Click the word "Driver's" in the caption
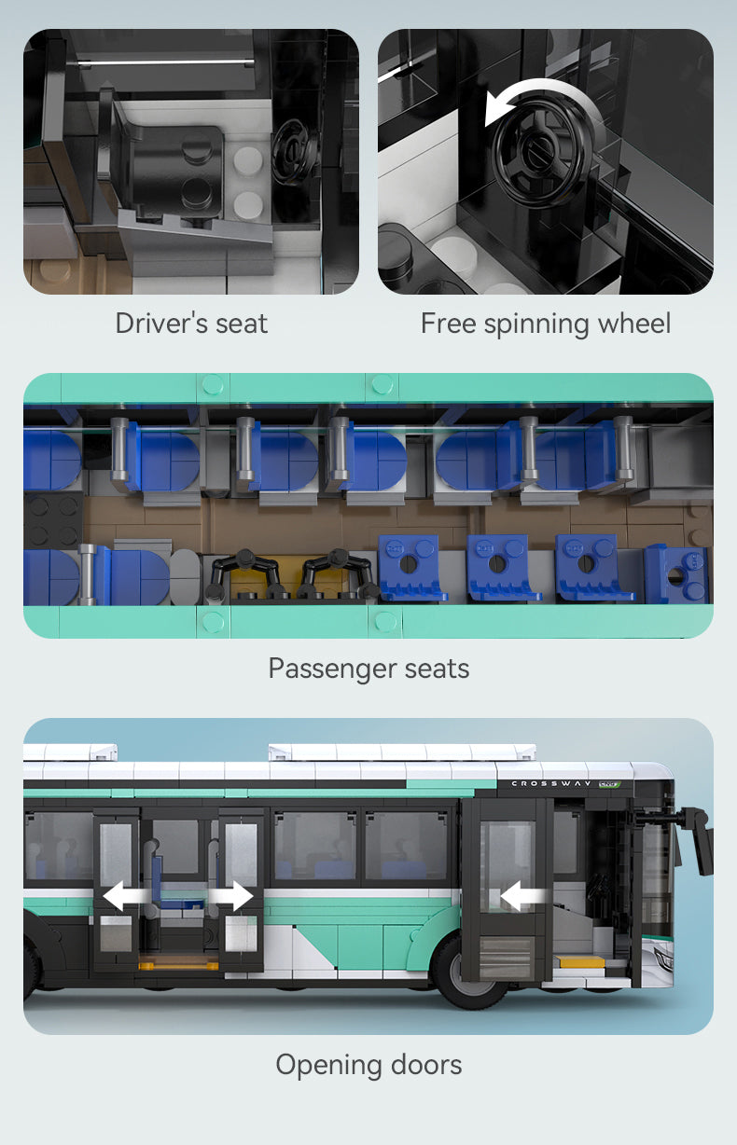tap(161, 324)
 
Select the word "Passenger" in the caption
tap(332, 669)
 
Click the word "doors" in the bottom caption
tap(426, 1066)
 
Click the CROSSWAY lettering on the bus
tap(550, 783)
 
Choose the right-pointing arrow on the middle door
tap(231, 895)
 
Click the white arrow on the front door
tap(522, 896)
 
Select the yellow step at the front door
tap(582, 962)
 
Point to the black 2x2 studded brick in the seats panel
tap(53, 520)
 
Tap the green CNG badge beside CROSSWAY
tap(609, 784)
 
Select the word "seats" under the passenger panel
tap(437, 669)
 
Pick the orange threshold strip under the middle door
tap(178, 966)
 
